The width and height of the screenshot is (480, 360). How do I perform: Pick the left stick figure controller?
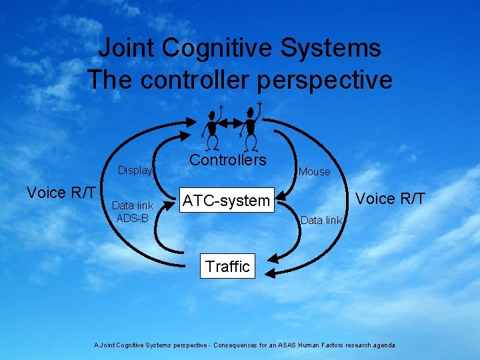click(x=212, y=127)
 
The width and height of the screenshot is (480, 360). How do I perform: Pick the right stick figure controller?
click(x=251, y=127)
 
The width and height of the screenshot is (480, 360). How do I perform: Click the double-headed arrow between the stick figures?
click(x=231, y=124)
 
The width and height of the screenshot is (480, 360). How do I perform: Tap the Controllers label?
click(x=227, y=160)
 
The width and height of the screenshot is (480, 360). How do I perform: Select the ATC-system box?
click(x=227, y=200)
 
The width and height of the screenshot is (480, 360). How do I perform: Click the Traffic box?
click(x=227, y=267)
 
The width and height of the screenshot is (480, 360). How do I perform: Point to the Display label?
click(x=135, y=171)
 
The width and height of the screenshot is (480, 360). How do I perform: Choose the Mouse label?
click(x=314, y=171)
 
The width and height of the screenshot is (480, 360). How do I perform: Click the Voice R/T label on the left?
click(x=61, y=193)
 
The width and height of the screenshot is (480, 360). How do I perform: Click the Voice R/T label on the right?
click(x=389, y=198)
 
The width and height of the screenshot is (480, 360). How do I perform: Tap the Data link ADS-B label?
click(x=132, y=211)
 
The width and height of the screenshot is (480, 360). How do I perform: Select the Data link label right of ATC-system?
click(x=321, y=220)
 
